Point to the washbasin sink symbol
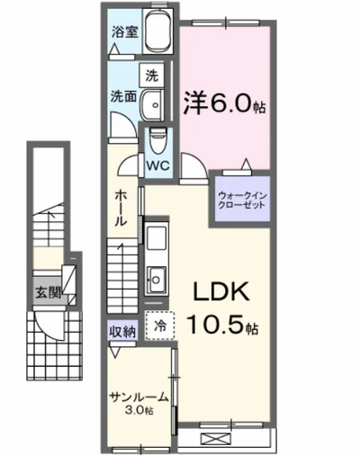click(156, 104)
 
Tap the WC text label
click(158, 165)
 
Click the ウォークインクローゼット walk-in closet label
click(240, 198)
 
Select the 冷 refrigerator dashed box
click(159, 326)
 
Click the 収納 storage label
click(122, 332)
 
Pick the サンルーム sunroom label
click(137, 397)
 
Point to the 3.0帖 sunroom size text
click(138, 411)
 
